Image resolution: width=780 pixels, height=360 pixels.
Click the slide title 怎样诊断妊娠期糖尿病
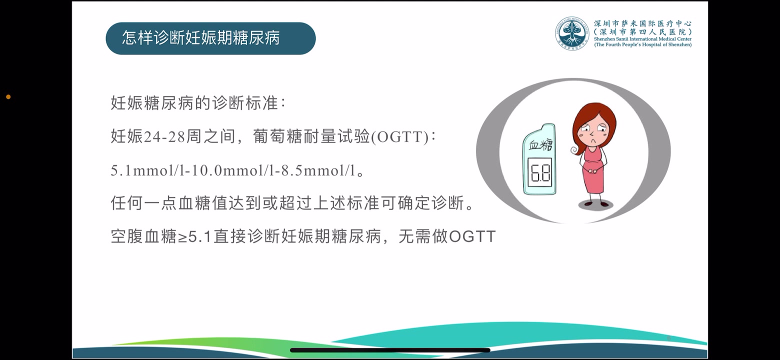(x=200, y=38)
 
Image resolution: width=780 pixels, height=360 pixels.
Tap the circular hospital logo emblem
(x=572, y=33)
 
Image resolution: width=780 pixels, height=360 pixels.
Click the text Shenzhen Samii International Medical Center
(x=642, y=39)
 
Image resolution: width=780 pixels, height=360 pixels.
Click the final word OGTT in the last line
(x=472, y=236)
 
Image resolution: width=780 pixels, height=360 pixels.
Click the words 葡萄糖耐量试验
(x=311, y=137)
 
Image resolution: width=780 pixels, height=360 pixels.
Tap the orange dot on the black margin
(x=8, y=96)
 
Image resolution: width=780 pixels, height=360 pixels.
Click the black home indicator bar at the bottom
(x=390, y=350)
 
